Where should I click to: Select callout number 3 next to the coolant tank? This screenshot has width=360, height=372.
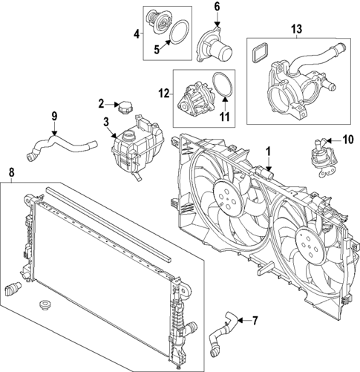point(106,121)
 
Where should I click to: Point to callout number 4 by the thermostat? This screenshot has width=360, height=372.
point(137,33)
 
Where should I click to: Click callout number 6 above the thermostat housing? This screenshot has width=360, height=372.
point(217,7)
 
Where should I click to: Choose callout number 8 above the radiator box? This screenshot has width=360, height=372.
point(10,174)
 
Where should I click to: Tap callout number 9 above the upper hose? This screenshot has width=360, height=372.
point(53,115)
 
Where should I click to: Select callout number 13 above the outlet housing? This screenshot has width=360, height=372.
point(296,29)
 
